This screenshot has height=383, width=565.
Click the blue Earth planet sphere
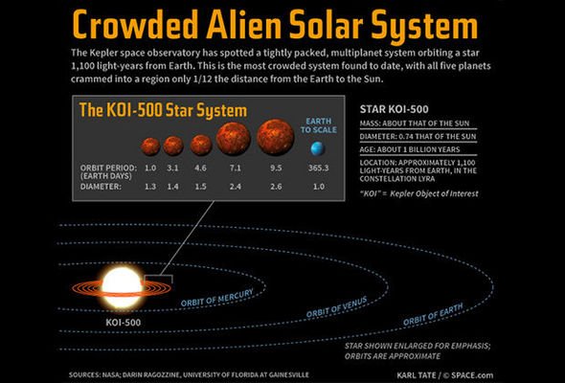[x=318, y=148]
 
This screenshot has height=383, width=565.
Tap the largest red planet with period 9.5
[x=276, y=137]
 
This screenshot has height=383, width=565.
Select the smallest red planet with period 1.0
[x=150, y=146]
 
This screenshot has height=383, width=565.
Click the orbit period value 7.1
[x=235, y=168]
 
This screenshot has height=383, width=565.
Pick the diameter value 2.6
[x=276, y=187]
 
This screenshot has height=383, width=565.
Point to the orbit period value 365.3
[x=319, y=168]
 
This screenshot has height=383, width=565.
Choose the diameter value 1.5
[x=200, y=187]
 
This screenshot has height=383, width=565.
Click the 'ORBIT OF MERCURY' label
[x=217, y=298]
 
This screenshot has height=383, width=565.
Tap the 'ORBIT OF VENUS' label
[x=336, y=307]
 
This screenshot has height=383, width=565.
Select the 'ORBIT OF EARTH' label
[x=433, y=315]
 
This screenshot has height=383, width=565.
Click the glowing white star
[x=122, y=288]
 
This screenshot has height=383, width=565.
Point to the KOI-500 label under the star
[x=124, y=322]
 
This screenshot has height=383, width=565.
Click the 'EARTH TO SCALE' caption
[x=319, y=125]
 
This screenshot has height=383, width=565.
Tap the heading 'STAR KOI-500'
[x=395, y=109]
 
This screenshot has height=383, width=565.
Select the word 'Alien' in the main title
[x=244, y=25]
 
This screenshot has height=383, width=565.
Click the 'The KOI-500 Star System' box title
[x=163, y=110]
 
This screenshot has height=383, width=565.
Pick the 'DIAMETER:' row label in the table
[x=101, y=187]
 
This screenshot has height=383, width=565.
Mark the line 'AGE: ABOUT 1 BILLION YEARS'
[x=410, y=149]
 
